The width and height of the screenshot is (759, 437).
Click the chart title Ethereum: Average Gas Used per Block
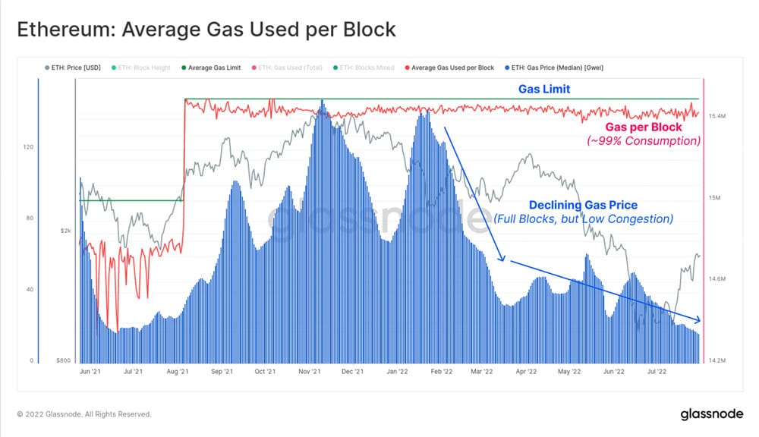click(x=206, y=30)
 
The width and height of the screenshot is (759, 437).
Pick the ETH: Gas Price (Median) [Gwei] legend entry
click(x=559, y=68)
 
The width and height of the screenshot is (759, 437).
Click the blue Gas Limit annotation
click(x=544, y=89)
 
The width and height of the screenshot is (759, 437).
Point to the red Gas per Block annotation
click(x=644, y=127)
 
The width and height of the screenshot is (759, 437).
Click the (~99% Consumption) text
click(x=644, y=141)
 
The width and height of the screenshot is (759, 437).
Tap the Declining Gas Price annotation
click(x=583, y=206)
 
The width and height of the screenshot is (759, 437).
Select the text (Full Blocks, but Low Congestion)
click(x=583, y=219)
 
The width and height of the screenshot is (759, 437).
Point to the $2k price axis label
click(x=65, y=231)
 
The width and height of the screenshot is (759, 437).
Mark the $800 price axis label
click(x=64, y=361)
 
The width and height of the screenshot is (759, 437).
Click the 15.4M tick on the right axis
click(x=719, y=116)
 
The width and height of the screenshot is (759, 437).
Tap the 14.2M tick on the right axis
click(x=719, y=361)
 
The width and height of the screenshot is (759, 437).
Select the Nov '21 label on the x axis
click(x=309, y=373)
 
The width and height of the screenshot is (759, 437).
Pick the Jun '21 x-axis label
click(x=90, y=373)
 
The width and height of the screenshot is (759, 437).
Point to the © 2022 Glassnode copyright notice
click(x=83, y=414)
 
